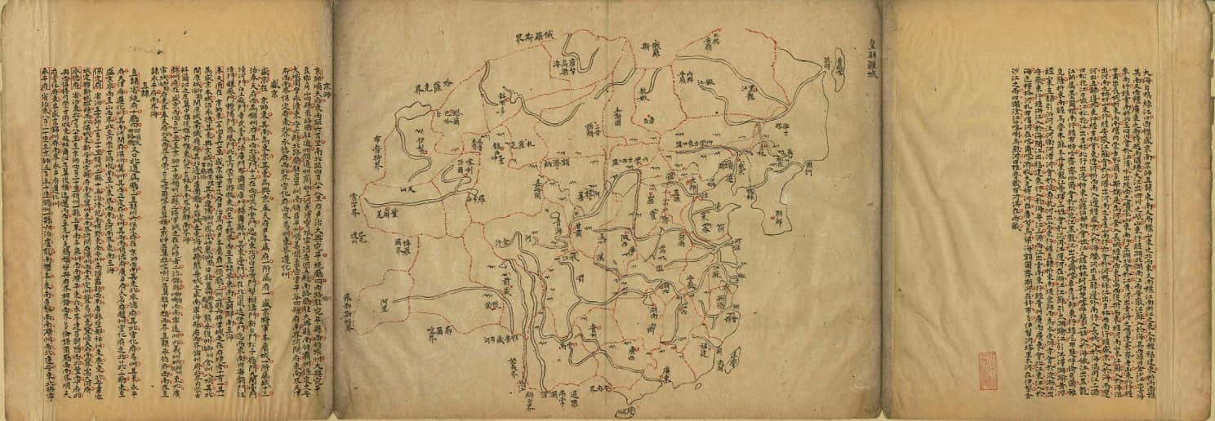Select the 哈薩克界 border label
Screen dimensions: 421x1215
point(429,84)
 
